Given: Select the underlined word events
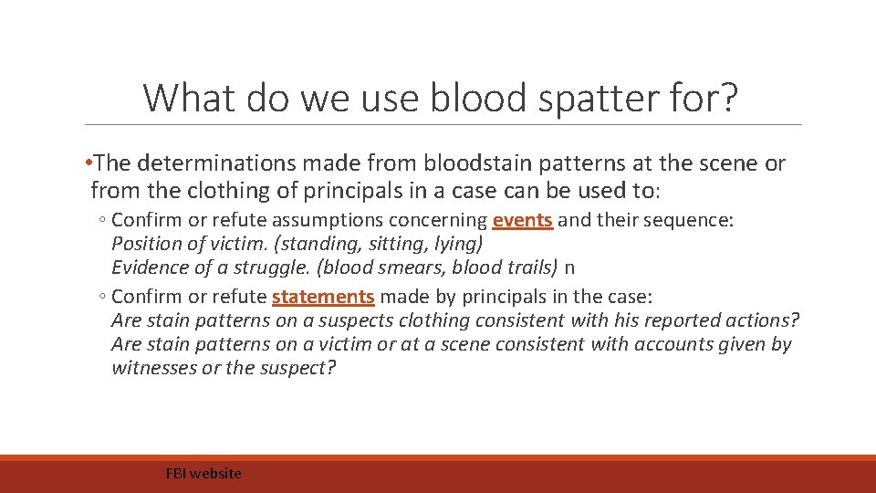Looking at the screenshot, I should (522, 220).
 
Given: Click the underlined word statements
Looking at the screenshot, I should (323, 297).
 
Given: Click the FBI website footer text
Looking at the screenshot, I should (203, 473).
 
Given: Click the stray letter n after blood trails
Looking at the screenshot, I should (570, 268).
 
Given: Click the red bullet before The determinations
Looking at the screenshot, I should (89, 163).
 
